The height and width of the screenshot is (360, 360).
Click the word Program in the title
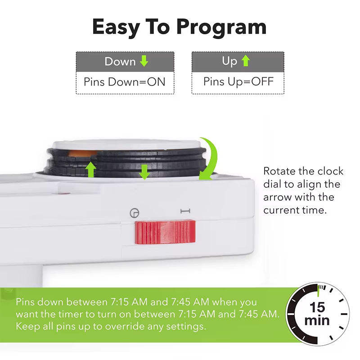[221, 27]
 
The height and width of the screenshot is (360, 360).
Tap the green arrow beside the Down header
[144, 61]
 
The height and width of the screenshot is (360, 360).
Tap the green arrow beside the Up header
[245, 61]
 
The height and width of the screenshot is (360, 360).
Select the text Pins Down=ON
[124, 82]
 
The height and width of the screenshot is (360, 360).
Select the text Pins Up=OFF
[238, 82]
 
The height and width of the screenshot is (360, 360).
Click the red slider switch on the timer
[165, 232]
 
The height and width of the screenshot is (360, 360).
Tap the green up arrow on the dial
[91, 170]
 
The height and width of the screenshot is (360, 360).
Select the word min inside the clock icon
[317, 321]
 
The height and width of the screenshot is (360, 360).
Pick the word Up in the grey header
[229, 61]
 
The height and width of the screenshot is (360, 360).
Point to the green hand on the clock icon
[318, 291]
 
